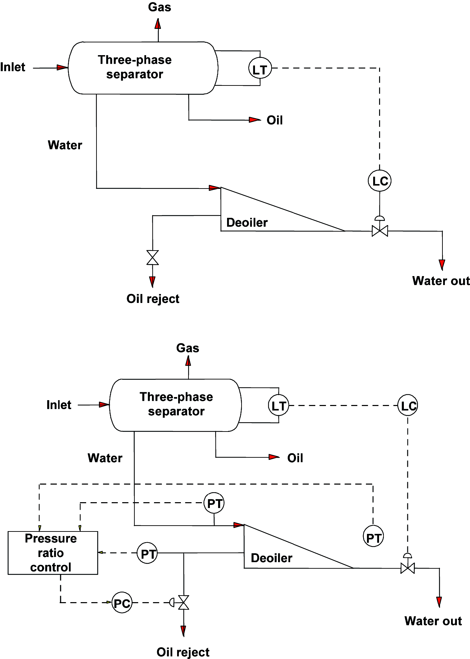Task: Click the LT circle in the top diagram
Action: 260,68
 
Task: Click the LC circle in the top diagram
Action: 380,181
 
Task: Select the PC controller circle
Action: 122,602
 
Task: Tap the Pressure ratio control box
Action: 53,553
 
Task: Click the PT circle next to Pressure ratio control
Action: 147,553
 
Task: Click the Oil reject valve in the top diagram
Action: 153,257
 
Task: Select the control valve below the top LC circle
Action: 380,230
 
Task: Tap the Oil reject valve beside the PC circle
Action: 184,602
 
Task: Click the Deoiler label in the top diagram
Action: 247,223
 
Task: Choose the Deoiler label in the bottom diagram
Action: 272,558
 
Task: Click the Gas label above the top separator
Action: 160,7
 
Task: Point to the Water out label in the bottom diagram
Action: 433,621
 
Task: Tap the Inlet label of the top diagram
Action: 13,67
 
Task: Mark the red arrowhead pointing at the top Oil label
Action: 255,120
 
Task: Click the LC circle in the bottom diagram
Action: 408,405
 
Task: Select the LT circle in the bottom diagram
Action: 278,405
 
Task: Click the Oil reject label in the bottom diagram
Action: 183,652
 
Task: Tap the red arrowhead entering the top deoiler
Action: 214,188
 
